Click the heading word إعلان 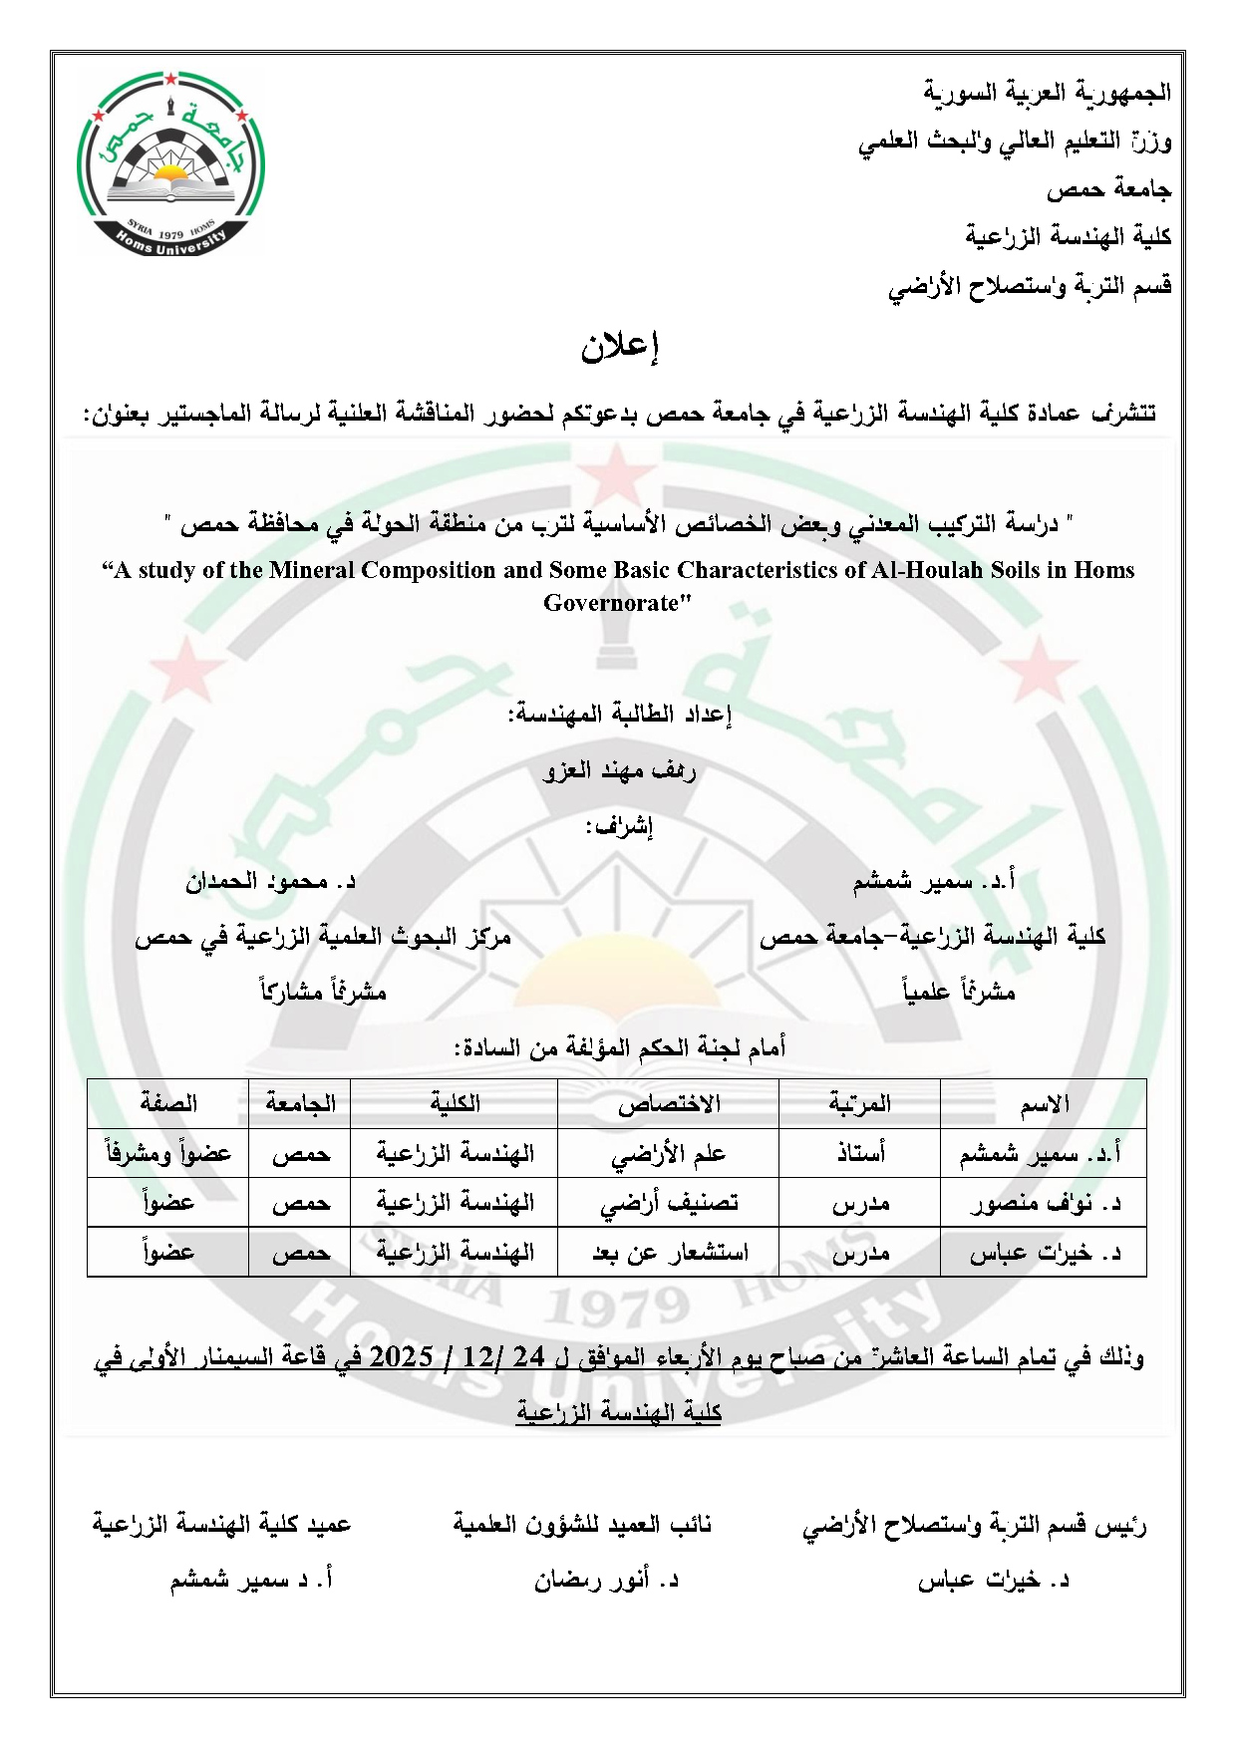point(620,346)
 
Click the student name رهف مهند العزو point(619,770)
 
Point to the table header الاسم point(1044,1104)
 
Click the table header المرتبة point(859,1104)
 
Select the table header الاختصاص point(668,1104)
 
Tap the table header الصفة point(168,1104)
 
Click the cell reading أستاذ point(859,1154)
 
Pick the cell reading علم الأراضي point(668,1154)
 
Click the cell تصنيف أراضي point(668,1203)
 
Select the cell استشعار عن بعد point(668,1253)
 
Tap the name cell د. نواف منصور point(1045,1203)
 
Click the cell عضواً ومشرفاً point(168,1154)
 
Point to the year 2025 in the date point(401,1356)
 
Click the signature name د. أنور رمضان point(606,1580)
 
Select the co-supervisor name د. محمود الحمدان point(270,881)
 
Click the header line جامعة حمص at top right point(1108,189)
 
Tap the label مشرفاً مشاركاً point(323,992)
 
